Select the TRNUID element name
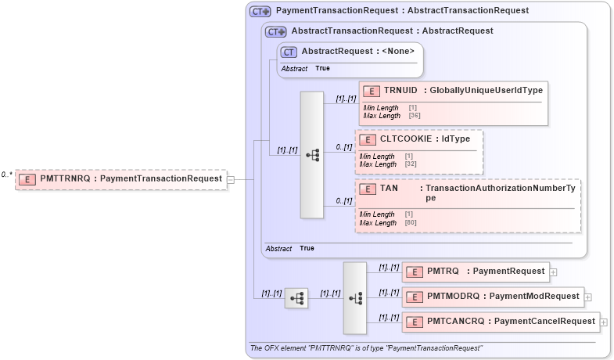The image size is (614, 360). (x=400, y=90)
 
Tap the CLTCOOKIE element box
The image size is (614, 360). (x=418, y=151)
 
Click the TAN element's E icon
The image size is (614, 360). (x=367, y=189)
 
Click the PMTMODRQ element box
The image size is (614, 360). (x=492, y=297)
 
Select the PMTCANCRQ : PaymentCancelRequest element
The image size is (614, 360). (x=500, y=322)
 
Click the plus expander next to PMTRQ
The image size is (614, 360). (x=553, y=272)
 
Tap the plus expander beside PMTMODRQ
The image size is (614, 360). (x=588, y=297)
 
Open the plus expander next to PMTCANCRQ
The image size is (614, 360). (x=604, y=322)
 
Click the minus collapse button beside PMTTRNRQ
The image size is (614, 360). (x=230, y=179)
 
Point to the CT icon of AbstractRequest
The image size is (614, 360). (x=289, y=52)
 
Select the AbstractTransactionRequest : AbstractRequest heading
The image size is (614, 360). (x=392, y=31)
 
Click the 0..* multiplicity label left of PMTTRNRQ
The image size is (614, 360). (x=7, y=175)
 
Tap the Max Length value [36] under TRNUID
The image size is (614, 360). (x=414, y=116)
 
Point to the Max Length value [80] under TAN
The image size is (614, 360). (x=411, y=223)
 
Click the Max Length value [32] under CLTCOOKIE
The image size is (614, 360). (x=411, y=164)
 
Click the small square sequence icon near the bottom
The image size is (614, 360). (x=296, y=298)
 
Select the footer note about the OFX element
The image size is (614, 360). (x=366, y=348)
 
